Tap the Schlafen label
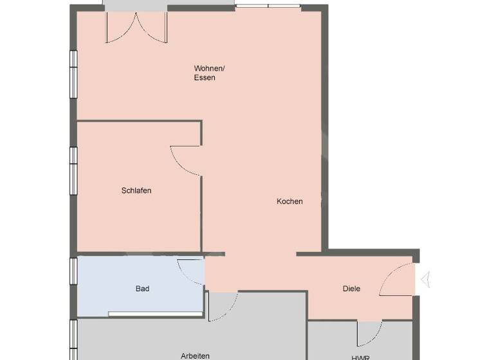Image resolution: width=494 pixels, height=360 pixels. (x=136, y=190)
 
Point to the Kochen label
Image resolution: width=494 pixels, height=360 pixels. (x=289, y=201)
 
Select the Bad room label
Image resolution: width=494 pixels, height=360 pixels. (x=142, y=289)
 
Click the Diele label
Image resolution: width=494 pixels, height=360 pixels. (x=351, y=289)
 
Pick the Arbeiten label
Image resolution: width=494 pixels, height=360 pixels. (x=195, y=355)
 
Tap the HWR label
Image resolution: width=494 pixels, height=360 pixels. (x=360, y=357)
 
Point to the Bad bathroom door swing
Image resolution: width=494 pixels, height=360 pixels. (x=190, y=270)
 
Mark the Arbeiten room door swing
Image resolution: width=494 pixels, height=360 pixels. (x=222, y=307)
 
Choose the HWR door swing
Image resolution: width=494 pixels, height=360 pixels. (x=369, y=333)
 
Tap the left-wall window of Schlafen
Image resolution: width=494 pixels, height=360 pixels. (x=73, y=171)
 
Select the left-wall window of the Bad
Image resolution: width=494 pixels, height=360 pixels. (x=73, y=271)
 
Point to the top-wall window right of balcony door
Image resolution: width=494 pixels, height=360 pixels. (x=268, y=6)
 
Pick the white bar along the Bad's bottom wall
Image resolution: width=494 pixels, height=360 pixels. (x=154, y=314)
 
